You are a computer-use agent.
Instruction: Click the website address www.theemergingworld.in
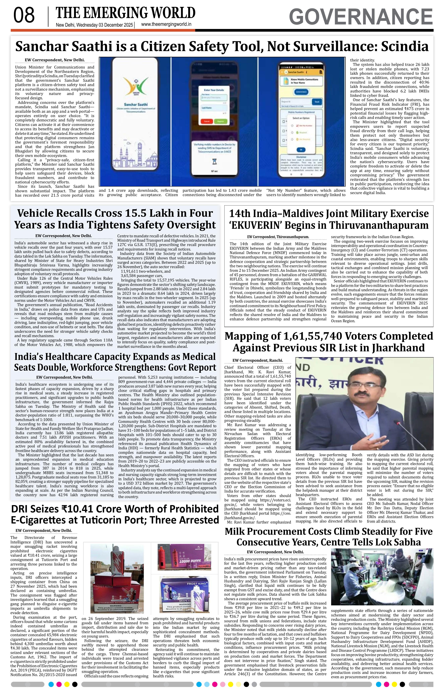pos(166,24)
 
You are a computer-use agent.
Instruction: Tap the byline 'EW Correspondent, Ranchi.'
pos(258,361)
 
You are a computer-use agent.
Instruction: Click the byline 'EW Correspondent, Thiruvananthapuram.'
pos(278,237)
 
